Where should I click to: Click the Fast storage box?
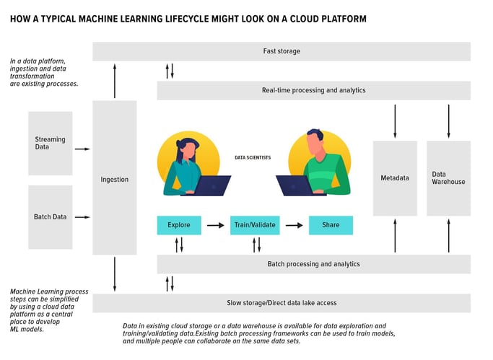282,51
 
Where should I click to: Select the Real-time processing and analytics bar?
313,90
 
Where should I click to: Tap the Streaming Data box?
51,143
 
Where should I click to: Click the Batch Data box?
51,216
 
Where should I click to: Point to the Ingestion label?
115,179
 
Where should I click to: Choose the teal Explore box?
179,225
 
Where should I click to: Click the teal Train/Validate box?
254,225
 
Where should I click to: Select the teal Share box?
331,225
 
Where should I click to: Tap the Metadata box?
395,177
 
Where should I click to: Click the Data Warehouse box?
448,177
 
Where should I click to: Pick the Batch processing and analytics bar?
313,264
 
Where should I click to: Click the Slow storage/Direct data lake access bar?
282,302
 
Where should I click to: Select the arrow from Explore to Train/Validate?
215,225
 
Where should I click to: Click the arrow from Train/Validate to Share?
293,225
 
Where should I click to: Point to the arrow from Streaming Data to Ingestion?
82,149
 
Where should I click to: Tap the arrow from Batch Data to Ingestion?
82,216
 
